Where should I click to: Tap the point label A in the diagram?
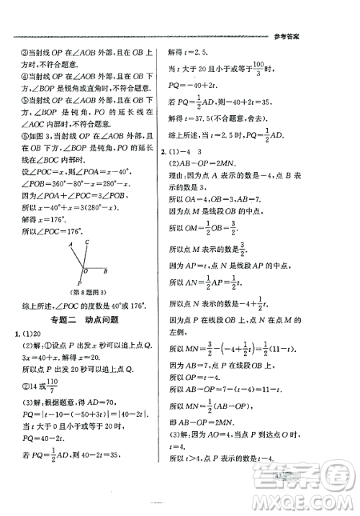(70, 246)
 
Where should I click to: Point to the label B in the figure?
(106, 272)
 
